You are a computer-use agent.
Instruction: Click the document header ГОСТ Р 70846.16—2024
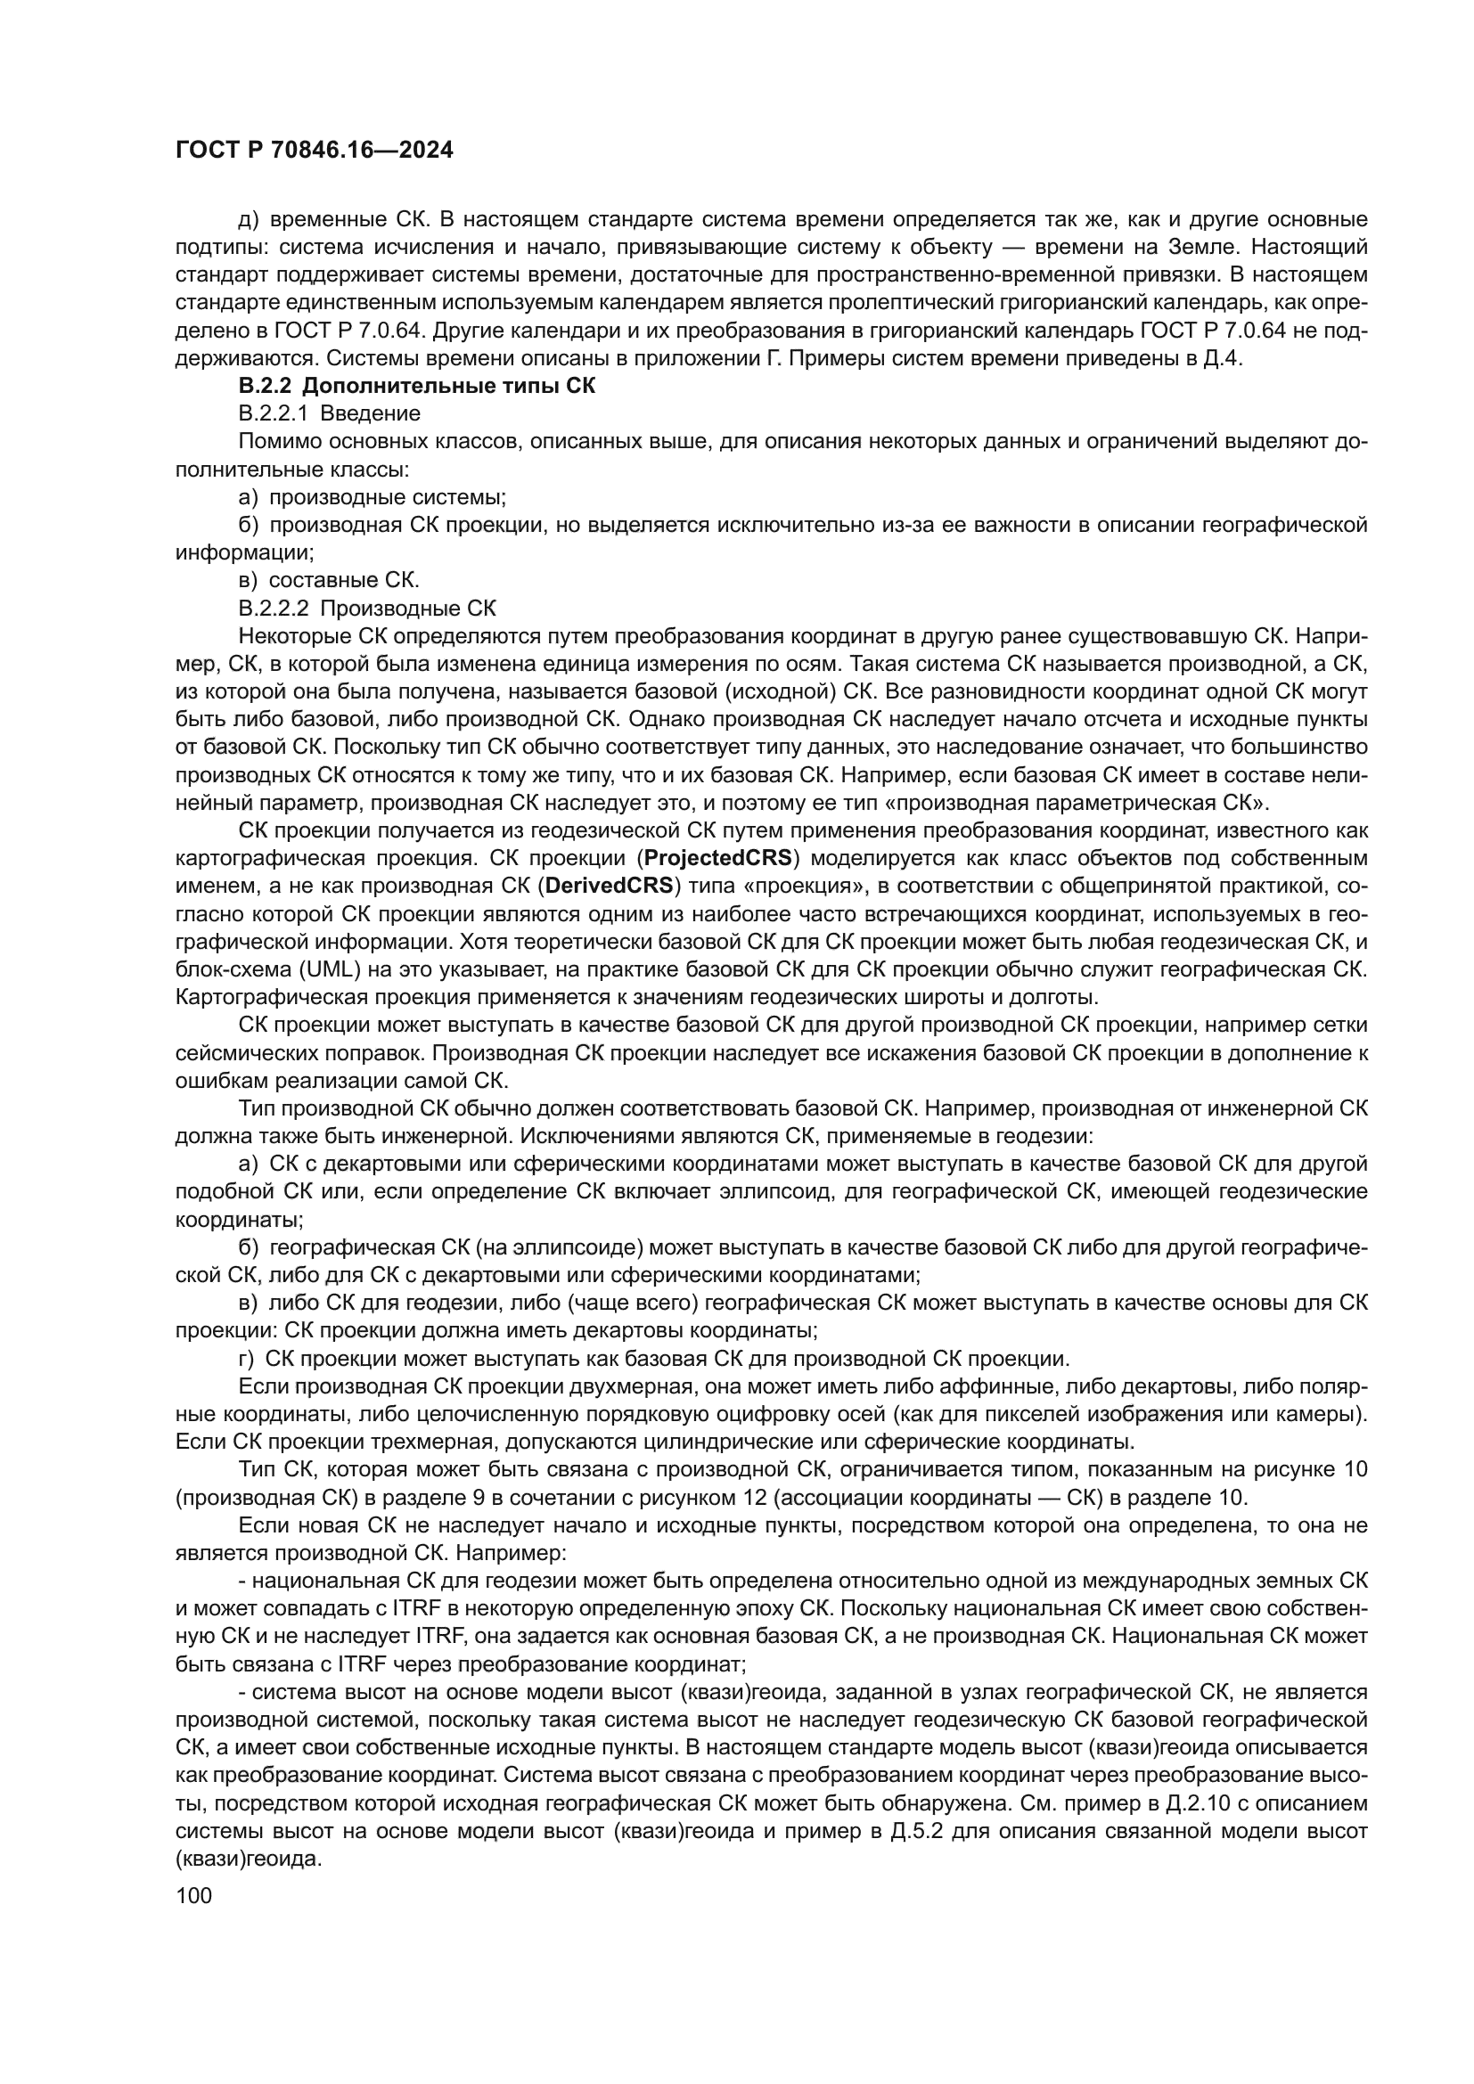tap(314, 151)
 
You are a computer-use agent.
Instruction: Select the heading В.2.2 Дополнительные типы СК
tap(416, 386)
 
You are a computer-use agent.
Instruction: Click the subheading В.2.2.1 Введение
tap(330, 414)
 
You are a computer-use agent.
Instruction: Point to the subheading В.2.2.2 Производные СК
tap(367, 608)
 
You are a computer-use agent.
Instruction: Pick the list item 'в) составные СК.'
tap(329, 580)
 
